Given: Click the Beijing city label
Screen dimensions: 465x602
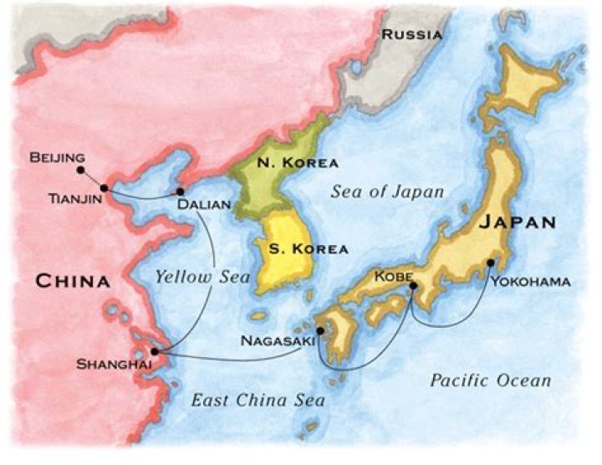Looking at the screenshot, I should click(57, 156).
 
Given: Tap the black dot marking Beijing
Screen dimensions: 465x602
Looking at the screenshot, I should click(80, 170).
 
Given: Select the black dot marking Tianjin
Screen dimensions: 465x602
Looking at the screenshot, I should click(104, 188).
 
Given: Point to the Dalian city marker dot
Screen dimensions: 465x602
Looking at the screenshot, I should click(181, 192).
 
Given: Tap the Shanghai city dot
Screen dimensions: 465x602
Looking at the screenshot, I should click(155, 351).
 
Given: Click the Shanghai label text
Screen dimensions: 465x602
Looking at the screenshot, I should click(109, 365).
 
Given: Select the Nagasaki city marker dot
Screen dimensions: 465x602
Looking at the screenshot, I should click(320, 330).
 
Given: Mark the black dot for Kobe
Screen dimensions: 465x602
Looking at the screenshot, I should click(413, 286).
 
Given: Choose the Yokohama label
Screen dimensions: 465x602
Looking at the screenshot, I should click(530, 281).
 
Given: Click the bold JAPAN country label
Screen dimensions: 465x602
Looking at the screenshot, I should click(518, 222).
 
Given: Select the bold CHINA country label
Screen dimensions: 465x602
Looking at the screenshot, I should click(72, 281).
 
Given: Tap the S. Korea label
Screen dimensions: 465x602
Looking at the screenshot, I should click(296, 249).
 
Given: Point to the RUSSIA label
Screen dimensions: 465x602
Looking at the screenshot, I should click(412, 34).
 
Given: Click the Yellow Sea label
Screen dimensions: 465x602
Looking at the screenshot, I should click(202, 277).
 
